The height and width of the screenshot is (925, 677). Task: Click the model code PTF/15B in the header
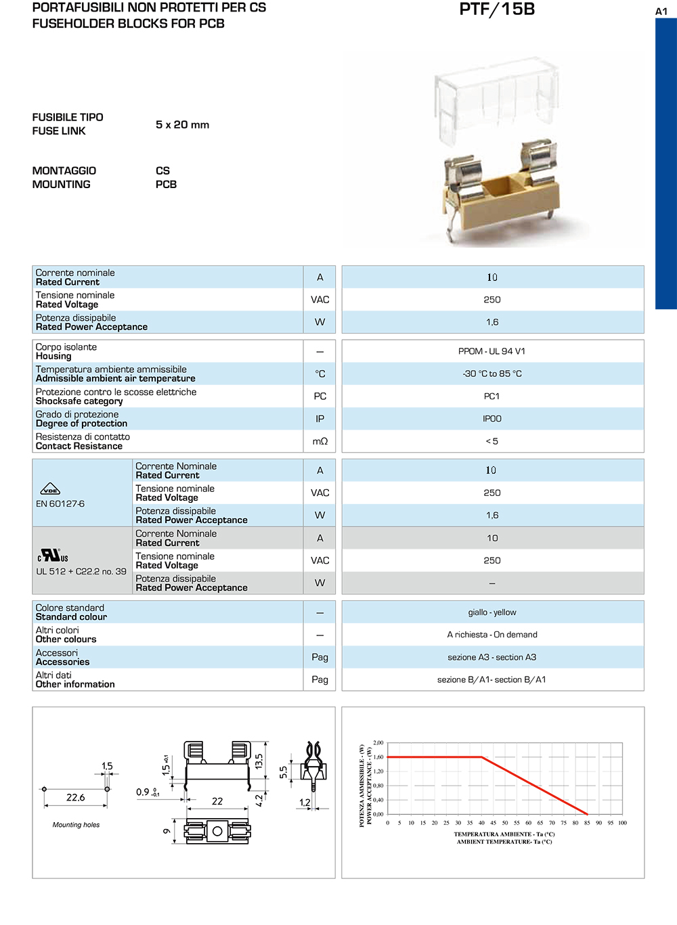coord(497,9)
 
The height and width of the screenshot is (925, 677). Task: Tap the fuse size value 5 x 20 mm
coord(182,125)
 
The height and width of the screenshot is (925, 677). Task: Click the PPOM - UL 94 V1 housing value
coord(492,351)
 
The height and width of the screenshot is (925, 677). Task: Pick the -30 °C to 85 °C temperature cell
coord(492,374)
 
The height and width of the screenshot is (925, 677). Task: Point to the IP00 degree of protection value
coord(492,419)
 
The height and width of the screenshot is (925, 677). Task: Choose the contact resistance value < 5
coord(492,441)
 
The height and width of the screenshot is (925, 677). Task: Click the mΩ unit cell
coord(320,441)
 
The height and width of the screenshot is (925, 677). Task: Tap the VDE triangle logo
coord(51,489)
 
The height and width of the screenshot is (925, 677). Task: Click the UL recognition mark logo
coord(53,556)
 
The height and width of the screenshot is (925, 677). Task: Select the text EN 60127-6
coord(60,503)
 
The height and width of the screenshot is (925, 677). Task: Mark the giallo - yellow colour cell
coord(492,612)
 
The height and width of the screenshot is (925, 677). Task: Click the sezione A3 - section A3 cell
coord(492,657)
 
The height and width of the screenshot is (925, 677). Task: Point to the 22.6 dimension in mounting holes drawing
coord(75,798)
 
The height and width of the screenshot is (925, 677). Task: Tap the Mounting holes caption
coord(76,825)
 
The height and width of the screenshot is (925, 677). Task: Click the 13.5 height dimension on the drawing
coord(259,761)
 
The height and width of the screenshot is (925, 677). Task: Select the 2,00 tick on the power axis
coord(378,743)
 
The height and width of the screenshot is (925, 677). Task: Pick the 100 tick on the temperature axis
coord(622,823)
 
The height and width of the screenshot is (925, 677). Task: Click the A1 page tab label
coord(661,11)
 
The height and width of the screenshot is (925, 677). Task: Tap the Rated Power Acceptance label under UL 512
coord(192,587)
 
